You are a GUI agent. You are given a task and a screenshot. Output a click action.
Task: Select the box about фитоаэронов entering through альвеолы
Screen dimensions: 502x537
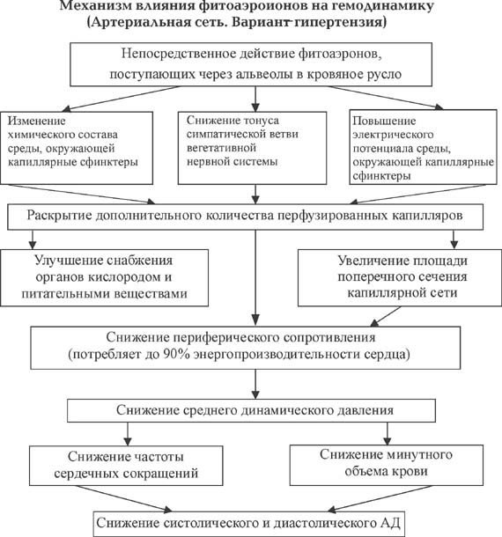251,64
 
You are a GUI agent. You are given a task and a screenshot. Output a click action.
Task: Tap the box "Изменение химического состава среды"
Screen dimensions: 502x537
77,148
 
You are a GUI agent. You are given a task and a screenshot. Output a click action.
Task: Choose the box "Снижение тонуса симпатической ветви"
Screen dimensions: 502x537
252,148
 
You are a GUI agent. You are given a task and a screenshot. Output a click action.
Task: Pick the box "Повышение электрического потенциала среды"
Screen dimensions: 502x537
424,147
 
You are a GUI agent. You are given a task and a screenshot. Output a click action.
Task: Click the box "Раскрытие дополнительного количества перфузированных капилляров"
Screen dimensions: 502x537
246,217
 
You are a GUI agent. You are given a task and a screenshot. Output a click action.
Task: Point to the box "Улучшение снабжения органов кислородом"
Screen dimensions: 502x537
105,277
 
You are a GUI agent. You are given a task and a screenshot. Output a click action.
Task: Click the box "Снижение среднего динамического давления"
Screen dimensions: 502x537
251,410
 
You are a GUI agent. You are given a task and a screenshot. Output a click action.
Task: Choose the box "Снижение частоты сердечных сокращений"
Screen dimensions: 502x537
126,466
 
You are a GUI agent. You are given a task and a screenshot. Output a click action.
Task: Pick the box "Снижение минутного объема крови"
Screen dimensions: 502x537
387,465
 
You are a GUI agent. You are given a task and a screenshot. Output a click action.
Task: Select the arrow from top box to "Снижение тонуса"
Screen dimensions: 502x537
255,99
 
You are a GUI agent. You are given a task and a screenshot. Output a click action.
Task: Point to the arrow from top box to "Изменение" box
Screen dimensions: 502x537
121,99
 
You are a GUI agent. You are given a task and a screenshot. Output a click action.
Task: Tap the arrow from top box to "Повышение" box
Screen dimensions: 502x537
386,98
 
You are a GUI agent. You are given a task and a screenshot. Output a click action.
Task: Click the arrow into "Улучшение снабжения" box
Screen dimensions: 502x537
33,239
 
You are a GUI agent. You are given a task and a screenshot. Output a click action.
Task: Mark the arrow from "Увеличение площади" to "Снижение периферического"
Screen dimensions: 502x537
385,316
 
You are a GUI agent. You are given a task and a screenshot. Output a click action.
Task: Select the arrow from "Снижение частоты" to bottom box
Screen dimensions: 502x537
124,499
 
